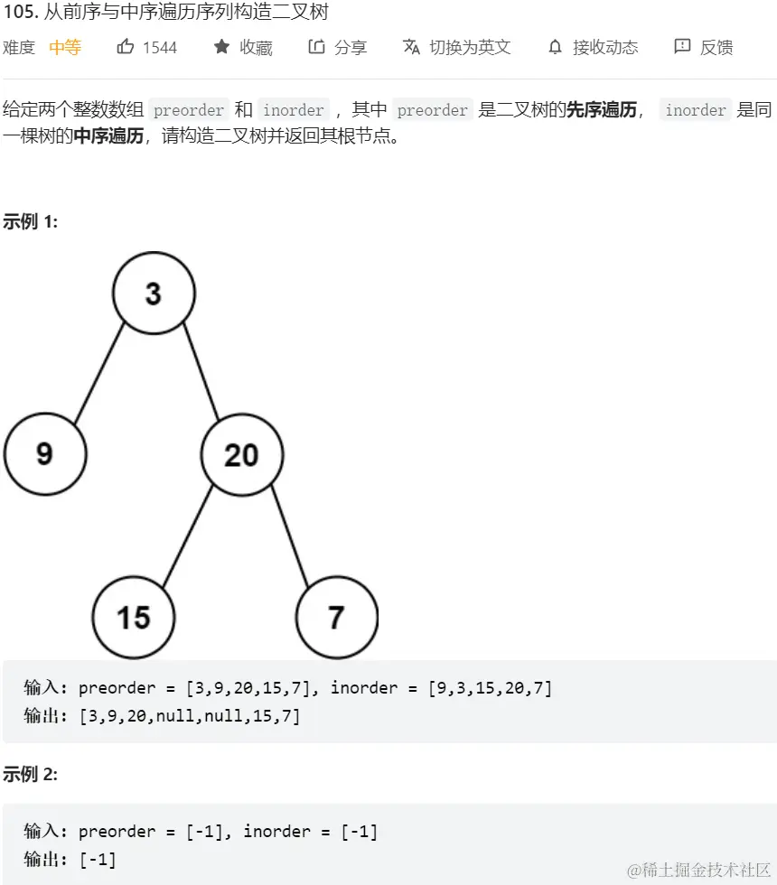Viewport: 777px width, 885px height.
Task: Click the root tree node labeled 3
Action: click(x=154, y=293)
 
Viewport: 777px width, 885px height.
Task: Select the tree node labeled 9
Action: click(x=45, y=453)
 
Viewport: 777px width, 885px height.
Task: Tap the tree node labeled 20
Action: click(x=241, y=454)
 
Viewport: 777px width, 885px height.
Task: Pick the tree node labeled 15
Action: click(x=134, y=618)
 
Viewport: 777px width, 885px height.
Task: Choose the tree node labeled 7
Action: click(x=336, y=618)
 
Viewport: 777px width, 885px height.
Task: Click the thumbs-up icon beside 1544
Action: click(x=126, y=46)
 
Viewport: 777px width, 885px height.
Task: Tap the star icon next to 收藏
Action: click(x=221, y=46)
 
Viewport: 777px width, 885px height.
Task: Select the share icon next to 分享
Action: click(x=316, y=46)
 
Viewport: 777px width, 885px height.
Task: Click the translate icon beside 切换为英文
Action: click(x=411, y=46)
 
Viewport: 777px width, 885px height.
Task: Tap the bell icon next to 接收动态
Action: click(x=555, y=46)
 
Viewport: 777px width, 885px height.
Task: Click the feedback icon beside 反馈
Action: click(x=682, y=46)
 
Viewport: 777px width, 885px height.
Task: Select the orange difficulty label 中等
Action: click(x=65, y=47)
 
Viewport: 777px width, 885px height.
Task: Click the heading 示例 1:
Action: click(x=30, y=221)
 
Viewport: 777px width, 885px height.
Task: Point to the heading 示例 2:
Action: click(x=30, y=774)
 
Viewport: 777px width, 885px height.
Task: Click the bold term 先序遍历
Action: click(x=602, y=110)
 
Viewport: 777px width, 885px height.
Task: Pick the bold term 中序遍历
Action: click(x=108, y=137)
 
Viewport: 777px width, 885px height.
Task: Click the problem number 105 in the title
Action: click(x=18, y=13)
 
